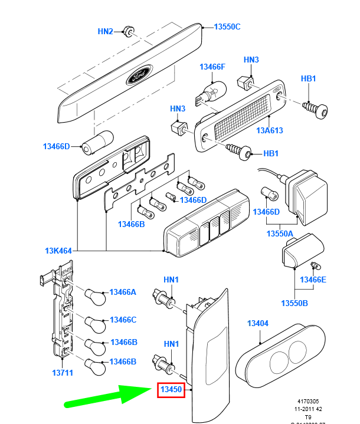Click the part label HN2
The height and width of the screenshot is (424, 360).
105,31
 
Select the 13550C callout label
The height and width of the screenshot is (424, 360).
227,27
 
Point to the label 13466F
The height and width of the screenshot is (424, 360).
212,67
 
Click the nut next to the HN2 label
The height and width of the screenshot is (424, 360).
127,31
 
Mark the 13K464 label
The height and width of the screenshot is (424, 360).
58,251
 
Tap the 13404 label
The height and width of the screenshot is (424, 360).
257,323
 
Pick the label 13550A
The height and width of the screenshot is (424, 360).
280,234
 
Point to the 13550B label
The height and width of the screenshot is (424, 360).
295,303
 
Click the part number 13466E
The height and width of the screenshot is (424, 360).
313,280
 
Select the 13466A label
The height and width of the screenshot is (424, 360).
123,292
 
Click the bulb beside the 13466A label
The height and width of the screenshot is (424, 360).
95,294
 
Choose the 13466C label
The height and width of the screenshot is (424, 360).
123,320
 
